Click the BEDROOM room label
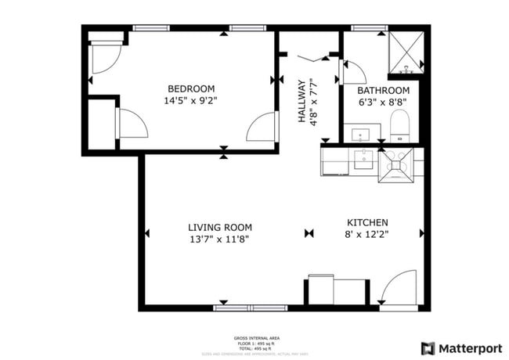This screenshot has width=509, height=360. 191,88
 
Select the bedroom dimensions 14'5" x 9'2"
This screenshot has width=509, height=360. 191,100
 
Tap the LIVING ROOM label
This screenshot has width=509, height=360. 218,228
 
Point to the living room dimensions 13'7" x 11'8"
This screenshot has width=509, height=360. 218,239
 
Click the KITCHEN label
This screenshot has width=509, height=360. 366,222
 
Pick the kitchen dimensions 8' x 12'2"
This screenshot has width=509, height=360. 366,234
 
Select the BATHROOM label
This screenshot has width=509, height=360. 384,90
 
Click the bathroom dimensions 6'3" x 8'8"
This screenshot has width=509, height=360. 384,102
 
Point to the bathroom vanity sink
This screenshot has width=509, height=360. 361,134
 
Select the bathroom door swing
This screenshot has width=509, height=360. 354,72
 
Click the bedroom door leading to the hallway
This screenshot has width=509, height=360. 262,127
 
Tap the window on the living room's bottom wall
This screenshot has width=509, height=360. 249,308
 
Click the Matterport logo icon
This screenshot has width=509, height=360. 428,348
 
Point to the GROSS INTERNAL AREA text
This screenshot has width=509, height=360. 258,338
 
